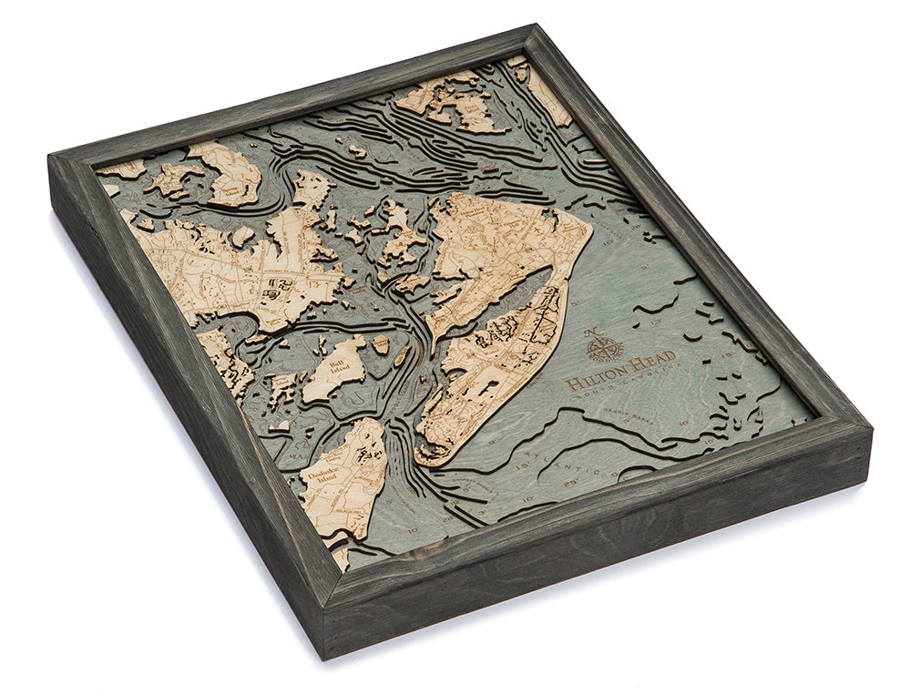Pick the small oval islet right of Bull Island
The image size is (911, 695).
coord(380,343)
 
